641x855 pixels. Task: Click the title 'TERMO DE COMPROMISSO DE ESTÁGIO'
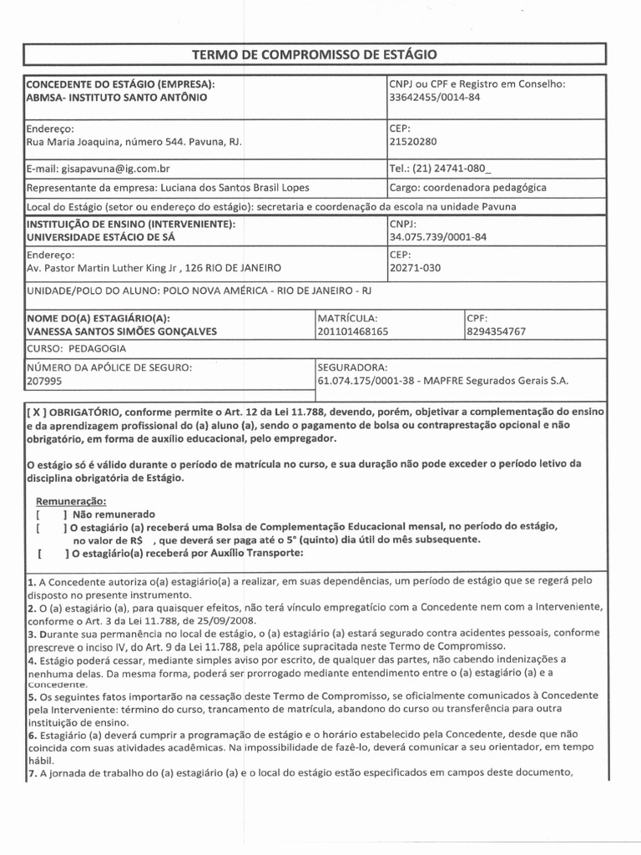pos(314,54)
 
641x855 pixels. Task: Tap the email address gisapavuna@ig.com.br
pos(124,168)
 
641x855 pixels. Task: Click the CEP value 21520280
pos(413,142)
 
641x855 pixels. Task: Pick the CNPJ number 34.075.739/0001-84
pos(437,237)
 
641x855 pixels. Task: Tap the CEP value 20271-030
pos(415,268)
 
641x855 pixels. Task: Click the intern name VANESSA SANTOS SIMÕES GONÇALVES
pos(122,331)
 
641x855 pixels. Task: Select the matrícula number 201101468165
pos(353,331)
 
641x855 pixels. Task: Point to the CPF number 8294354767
pos(497,331)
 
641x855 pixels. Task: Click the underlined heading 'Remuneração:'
pos(70,500)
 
